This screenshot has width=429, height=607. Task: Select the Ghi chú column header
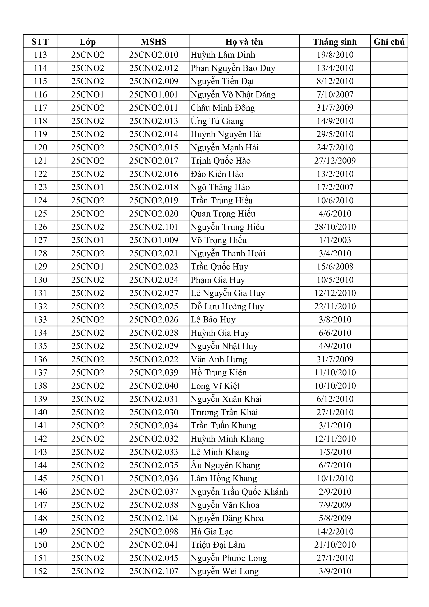(389, 42)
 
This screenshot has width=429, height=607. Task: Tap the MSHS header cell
(153, 42)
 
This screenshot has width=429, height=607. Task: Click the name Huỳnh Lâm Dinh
(223, 55)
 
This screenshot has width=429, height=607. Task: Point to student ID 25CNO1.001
(153, 95)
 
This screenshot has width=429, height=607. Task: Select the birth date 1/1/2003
(335, 240)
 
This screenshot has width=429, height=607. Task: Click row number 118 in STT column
(40, 121)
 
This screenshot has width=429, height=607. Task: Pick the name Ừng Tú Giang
(217, 121)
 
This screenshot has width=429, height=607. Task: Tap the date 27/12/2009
(335, 161)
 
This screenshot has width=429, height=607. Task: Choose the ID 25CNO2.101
(153, 227)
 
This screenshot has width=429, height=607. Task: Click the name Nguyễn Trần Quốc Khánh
(239, 492)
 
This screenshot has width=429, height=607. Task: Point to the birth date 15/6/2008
(335, 267)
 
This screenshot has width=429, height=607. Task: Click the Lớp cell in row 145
(87, 479)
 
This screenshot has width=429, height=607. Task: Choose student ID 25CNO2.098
(153, 531)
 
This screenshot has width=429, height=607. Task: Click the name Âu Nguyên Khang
(225, 465)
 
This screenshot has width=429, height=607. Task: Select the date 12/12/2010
(335, 293)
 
